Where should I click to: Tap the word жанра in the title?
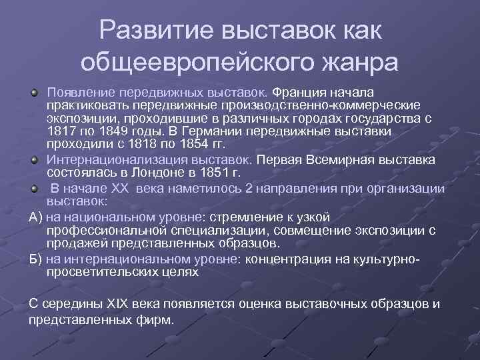(x=353, y=62)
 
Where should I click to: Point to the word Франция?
(x=301, y=91)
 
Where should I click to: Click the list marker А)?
(x=37, y=217)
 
